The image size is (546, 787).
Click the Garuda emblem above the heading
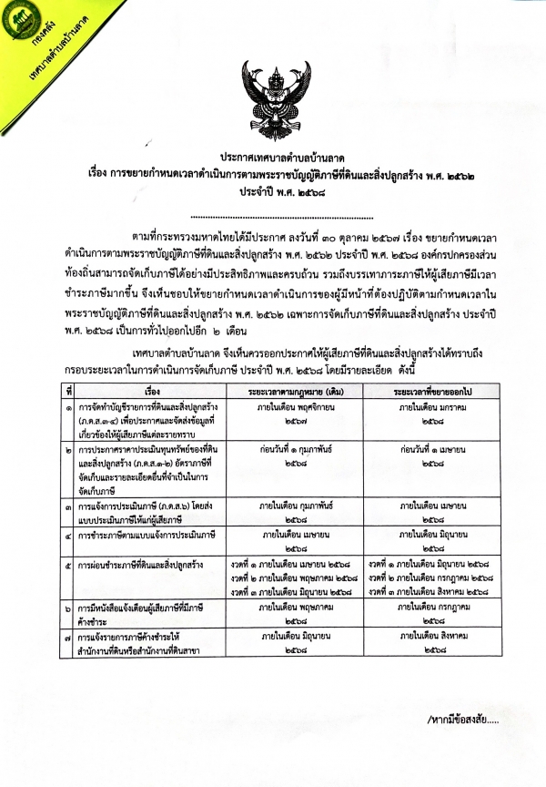point(273,97)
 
